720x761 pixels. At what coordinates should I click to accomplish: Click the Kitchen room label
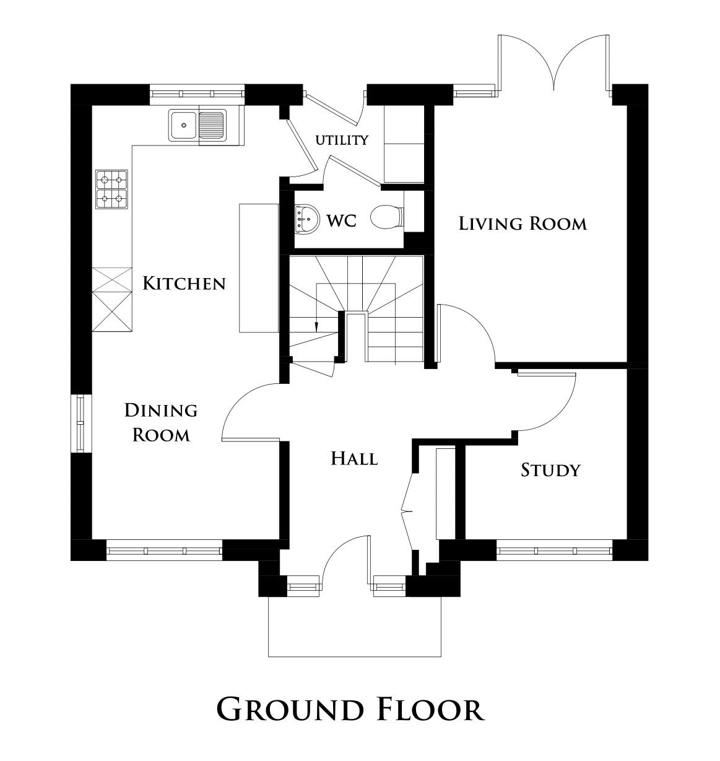click(x=184, y=284)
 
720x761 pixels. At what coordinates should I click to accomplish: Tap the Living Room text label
click(x=523, y=223)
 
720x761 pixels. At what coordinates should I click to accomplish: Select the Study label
click(x=550, y=470)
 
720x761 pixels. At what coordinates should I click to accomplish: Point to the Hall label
click(x=354, y=459)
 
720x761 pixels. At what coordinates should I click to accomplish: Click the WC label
click(x=341, y=220)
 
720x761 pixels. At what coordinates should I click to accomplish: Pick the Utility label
click(x=342, y=140)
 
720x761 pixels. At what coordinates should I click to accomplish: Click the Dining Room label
click(x=161, y=422)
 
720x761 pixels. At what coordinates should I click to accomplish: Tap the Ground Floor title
click(x=350, y=709)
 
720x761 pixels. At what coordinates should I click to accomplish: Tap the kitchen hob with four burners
click(x=112, y=189)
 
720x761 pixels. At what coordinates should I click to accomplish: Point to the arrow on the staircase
click(x=316, y=324)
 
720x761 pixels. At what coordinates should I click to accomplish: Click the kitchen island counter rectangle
click(x=258, y=267)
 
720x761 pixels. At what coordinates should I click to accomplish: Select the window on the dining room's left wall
click(x=80, y=424)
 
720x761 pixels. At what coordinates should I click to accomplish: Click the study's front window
click(x=554, y=549)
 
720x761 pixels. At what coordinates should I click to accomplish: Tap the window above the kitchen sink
click(x=197, y=94)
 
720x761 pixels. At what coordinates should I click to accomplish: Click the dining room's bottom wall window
click(x=164, y=549)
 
